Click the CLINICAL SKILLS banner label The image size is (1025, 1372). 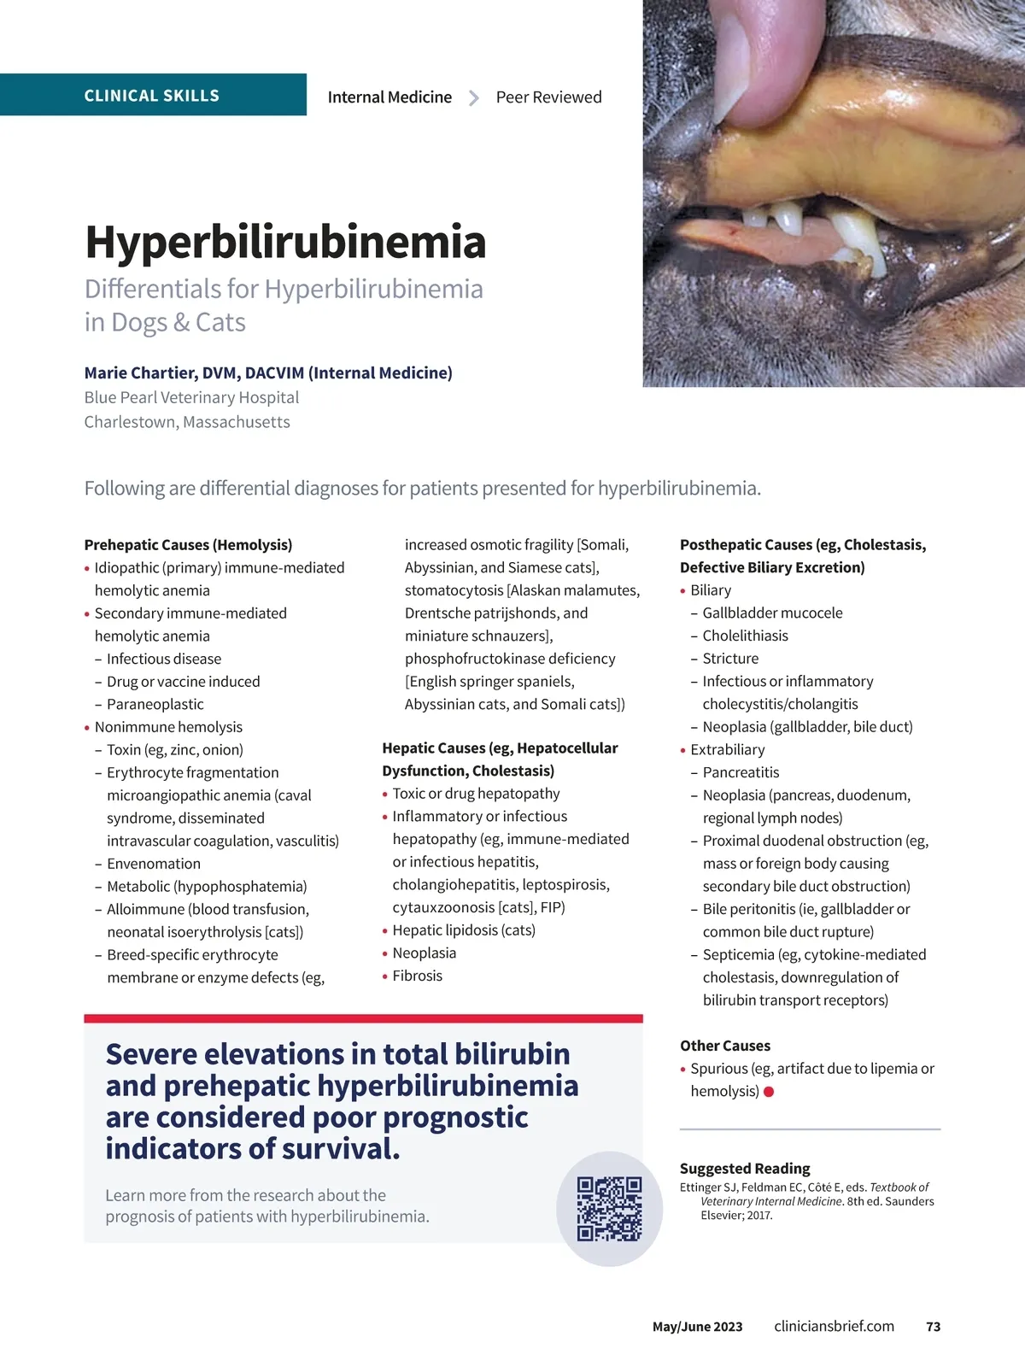(x=151, y=96)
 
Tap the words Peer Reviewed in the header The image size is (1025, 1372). (x=548, y=97)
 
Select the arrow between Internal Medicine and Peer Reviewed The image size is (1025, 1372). (x=474, y=98)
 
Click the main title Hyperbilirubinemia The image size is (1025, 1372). (x=285, y=242)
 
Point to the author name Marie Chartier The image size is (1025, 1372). (x=162, y=372)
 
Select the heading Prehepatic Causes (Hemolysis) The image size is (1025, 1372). (x=188, y=545)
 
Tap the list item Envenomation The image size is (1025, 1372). (x=154, y=864)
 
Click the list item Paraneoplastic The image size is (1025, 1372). (x=155, y=704)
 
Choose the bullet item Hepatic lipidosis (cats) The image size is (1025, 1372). (x=463, y=930)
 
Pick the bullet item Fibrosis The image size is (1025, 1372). (x=417, y=976)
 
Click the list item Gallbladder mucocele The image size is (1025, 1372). (x=772, y=613)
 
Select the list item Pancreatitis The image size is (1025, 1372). (x=741, y=772)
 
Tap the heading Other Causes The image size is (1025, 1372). (x=725, y=1046)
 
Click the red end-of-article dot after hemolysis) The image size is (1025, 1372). (x=769, y=1092)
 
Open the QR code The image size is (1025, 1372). (x=609, y=1208)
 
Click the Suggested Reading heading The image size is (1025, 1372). (x=745, y=1169)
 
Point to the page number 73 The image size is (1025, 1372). (x=933, y=1327)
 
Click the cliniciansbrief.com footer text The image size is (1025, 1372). (x=834, y=1327)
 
